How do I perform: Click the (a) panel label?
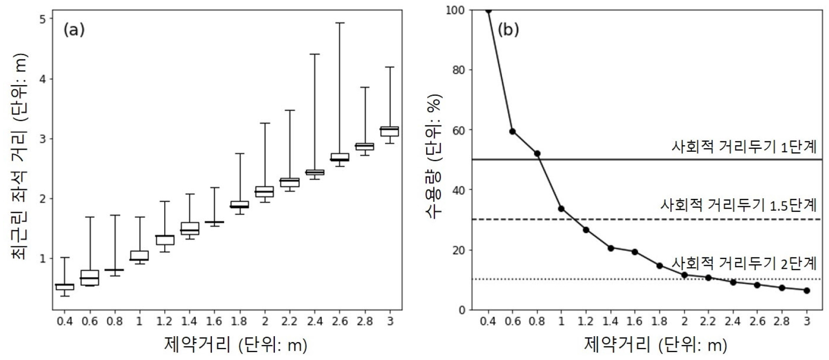(74, 30)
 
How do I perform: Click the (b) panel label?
(508, 30)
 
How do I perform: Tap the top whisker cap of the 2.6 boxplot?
(339, 23)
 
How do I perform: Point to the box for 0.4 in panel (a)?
(64, 287)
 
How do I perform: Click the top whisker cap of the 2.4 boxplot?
(315, 54)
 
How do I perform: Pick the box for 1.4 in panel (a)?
(190, 228)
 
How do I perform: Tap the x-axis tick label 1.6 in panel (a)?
(214, 321)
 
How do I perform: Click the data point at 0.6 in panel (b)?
(512, 131)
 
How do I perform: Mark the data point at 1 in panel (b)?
(561, 209)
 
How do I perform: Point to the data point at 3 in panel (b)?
(807, 291)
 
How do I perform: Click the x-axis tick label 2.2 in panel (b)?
(708, 321)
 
